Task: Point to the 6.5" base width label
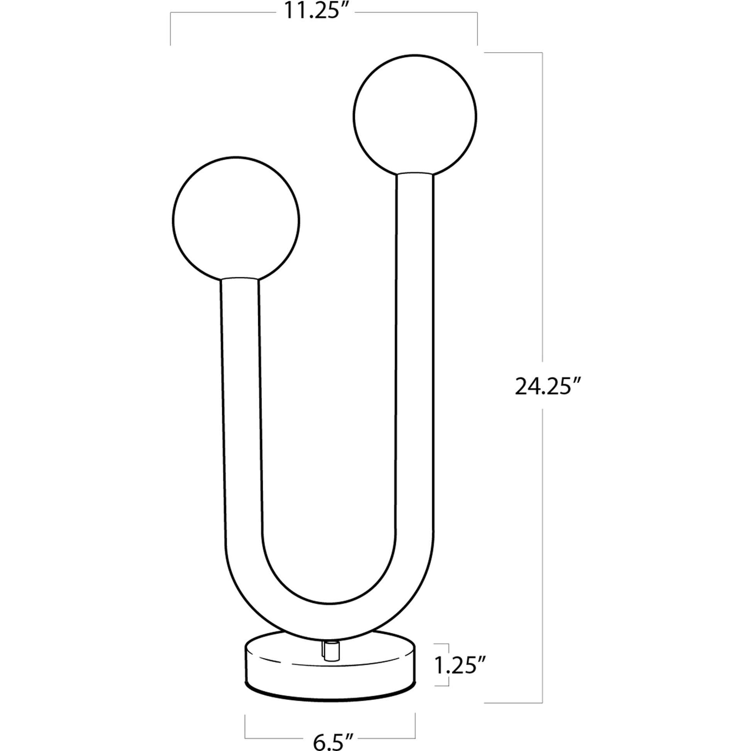[329, 740]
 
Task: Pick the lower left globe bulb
[236, 220]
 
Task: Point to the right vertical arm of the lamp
[415, 350]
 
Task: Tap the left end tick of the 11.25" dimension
[171, 29]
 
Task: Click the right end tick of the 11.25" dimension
[477, 29]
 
